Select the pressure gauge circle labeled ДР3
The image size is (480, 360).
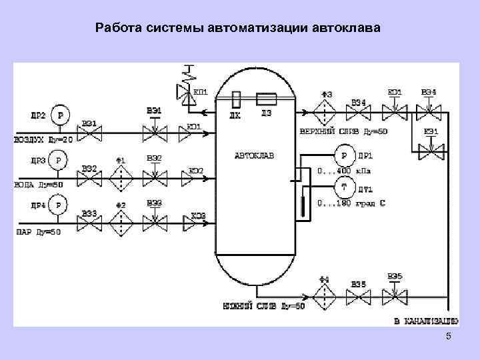click(x=59, y=160)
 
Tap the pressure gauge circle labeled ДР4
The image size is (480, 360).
click(x=59, y=205)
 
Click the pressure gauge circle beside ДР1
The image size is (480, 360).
click(x=345, y=157)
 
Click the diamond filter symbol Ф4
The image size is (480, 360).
click(x=325, y=293)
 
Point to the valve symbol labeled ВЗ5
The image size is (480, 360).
click(x=359, y=294)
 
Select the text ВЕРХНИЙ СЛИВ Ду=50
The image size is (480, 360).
click(x=343, y=131)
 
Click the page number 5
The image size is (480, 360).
click(x=448, y=337)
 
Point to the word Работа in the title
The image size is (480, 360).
click(x=116, y=28)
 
